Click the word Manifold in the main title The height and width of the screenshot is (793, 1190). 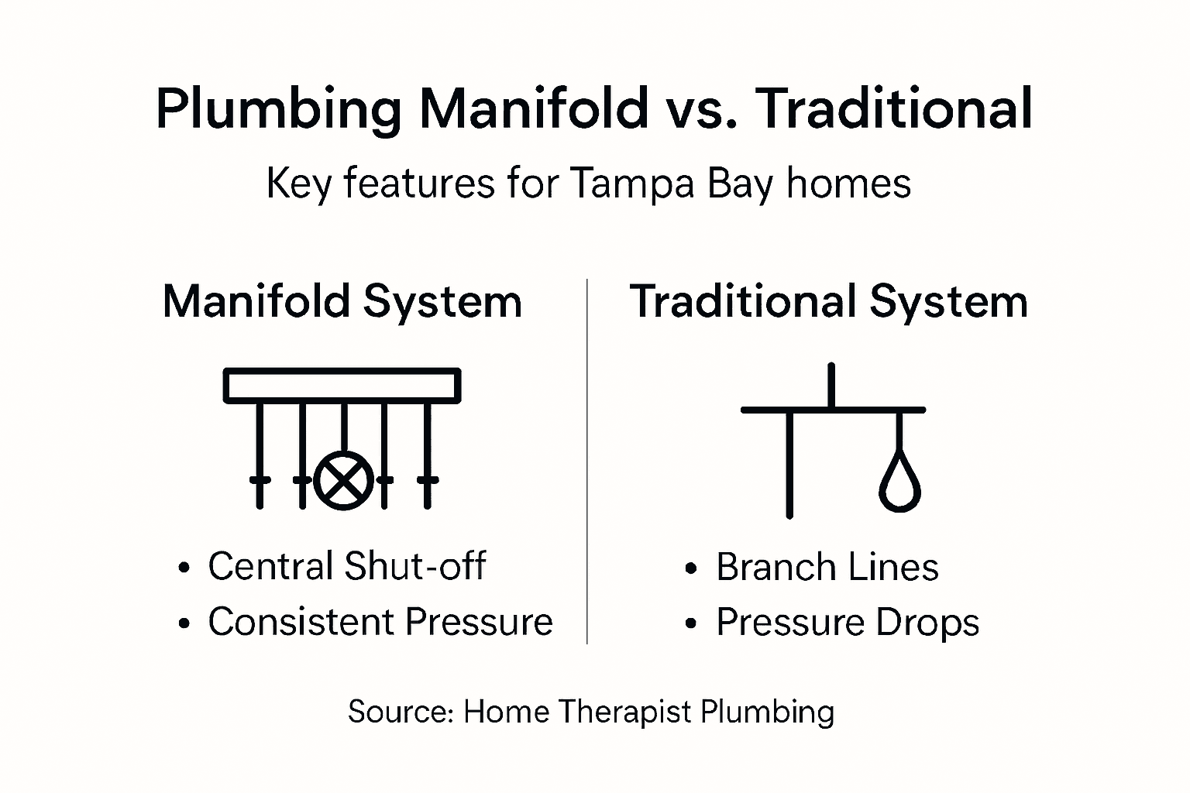tap(535, 108)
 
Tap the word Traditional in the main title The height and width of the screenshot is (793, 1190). tap(895, 108)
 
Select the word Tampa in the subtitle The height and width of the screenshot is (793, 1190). tap(631, 184)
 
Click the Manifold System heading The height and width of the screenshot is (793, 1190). tap(342, 301)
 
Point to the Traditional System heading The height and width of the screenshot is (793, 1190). tap(829, 301)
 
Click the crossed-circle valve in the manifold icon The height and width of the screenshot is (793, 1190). tap(344, 480)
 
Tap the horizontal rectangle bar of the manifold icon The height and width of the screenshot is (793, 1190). tap(342, 385)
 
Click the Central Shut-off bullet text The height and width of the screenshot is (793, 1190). tap(346, 566)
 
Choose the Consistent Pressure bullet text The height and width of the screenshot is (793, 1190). tap(380, 622)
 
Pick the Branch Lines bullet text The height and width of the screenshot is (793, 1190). tap(827, 567)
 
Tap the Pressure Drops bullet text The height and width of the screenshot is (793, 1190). tap(848, 623)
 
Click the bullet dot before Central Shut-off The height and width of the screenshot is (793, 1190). tap(184, 568)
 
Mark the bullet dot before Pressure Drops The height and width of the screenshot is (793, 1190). tap(691, 623)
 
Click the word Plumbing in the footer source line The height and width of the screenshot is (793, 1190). tap(767, 712)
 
